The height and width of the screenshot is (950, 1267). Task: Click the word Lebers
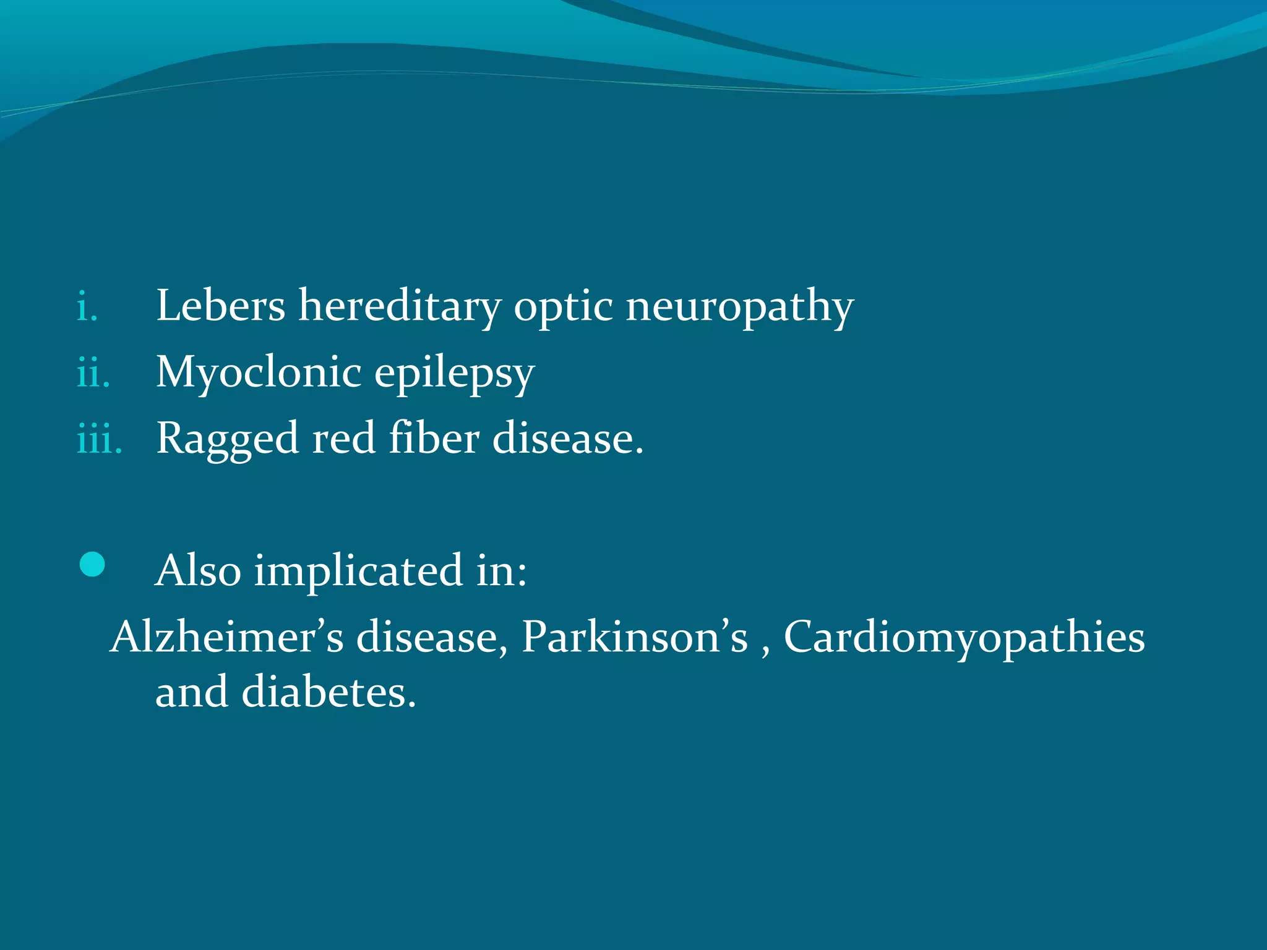pyautogui.click(x=220, y=306)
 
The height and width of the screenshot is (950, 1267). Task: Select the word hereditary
pyautogui.click(x=399, y=306)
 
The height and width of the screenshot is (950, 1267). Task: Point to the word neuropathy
pyautogui.click(x=739, y=307)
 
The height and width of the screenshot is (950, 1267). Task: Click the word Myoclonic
pyautogui.click(x=258, y=373)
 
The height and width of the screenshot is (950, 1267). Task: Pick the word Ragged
pyautogui.click(x=227, y=440)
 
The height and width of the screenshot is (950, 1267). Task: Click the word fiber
pyautogui.click(x=434, y=439)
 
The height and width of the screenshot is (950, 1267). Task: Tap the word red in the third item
pyautogui.click(x=343, y=439)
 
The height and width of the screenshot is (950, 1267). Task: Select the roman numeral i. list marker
pyautogui.click(x=87, y=308)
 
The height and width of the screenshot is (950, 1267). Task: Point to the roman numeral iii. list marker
pyautogui.click(x=99, y=440)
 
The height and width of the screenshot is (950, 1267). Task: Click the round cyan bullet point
pyautogui.click(x=92, y=565)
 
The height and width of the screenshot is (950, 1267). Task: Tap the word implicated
pyautogui.click(x=358, y=570)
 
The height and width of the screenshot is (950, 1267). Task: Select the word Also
pyautogui.click(x=198, y=570)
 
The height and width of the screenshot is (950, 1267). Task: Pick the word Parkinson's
pyautogui.click(x=635, y=636)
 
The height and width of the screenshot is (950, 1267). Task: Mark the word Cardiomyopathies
pyautogui.click(x=964, y=638)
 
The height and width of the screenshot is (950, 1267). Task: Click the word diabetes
pyautogui.click(x=329, y=691)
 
